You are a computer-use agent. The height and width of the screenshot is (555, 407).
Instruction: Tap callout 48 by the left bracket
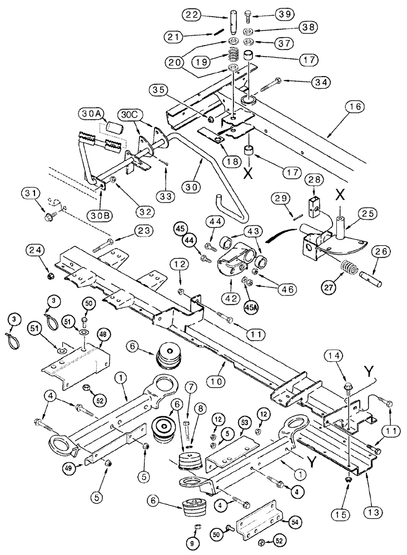pos(103,335)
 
